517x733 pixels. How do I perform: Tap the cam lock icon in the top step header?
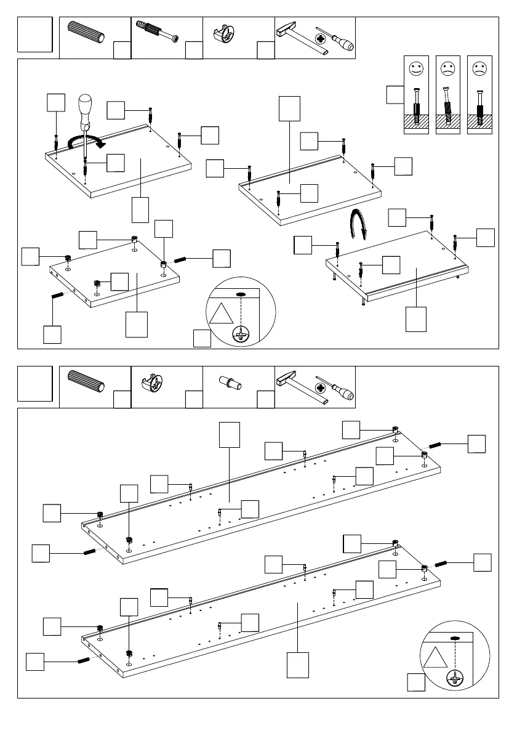tap(226, 34)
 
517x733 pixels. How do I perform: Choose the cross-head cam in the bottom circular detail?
tap(455, 679)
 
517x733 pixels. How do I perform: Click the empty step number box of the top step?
tap(35, 35)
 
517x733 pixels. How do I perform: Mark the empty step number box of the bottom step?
tap(35, 384)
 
